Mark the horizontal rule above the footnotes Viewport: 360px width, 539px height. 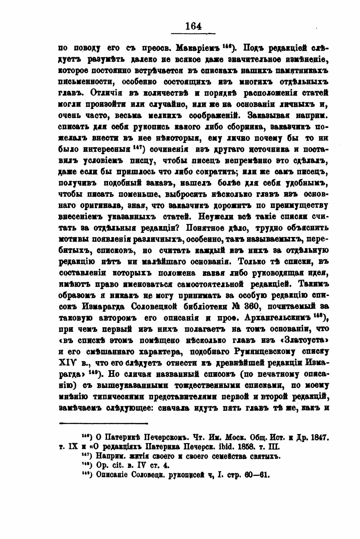click(x=103, y=423)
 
